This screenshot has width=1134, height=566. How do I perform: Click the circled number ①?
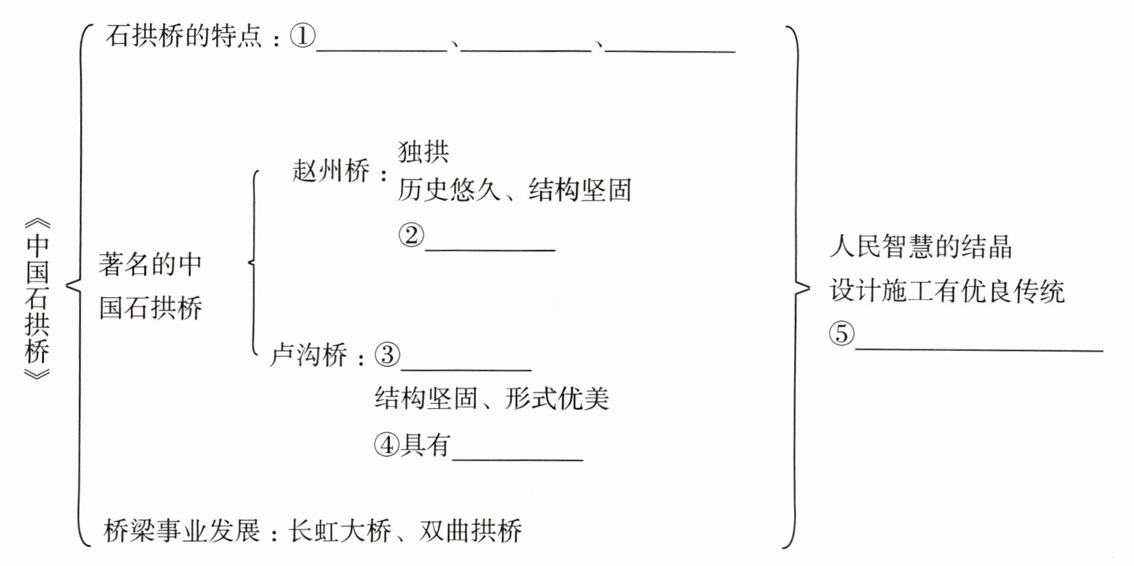303,36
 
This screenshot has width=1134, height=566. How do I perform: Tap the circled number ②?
412,235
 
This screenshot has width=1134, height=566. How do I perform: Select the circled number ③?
388,355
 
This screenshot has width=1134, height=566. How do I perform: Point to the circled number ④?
387,445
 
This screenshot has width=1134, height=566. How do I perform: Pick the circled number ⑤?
842,334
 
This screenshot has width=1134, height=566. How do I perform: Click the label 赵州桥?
331,172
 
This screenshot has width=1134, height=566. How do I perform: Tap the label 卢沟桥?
309,356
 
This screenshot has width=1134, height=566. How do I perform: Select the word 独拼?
424,152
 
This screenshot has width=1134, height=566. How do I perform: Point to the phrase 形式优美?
557,398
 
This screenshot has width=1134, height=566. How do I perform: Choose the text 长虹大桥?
340,531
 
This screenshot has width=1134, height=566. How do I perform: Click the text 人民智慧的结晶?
920,247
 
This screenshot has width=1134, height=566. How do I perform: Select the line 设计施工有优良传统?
947,291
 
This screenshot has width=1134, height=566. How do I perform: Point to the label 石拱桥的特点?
184,36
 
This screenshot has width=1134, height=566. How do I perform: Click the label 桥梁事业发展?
183,531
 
